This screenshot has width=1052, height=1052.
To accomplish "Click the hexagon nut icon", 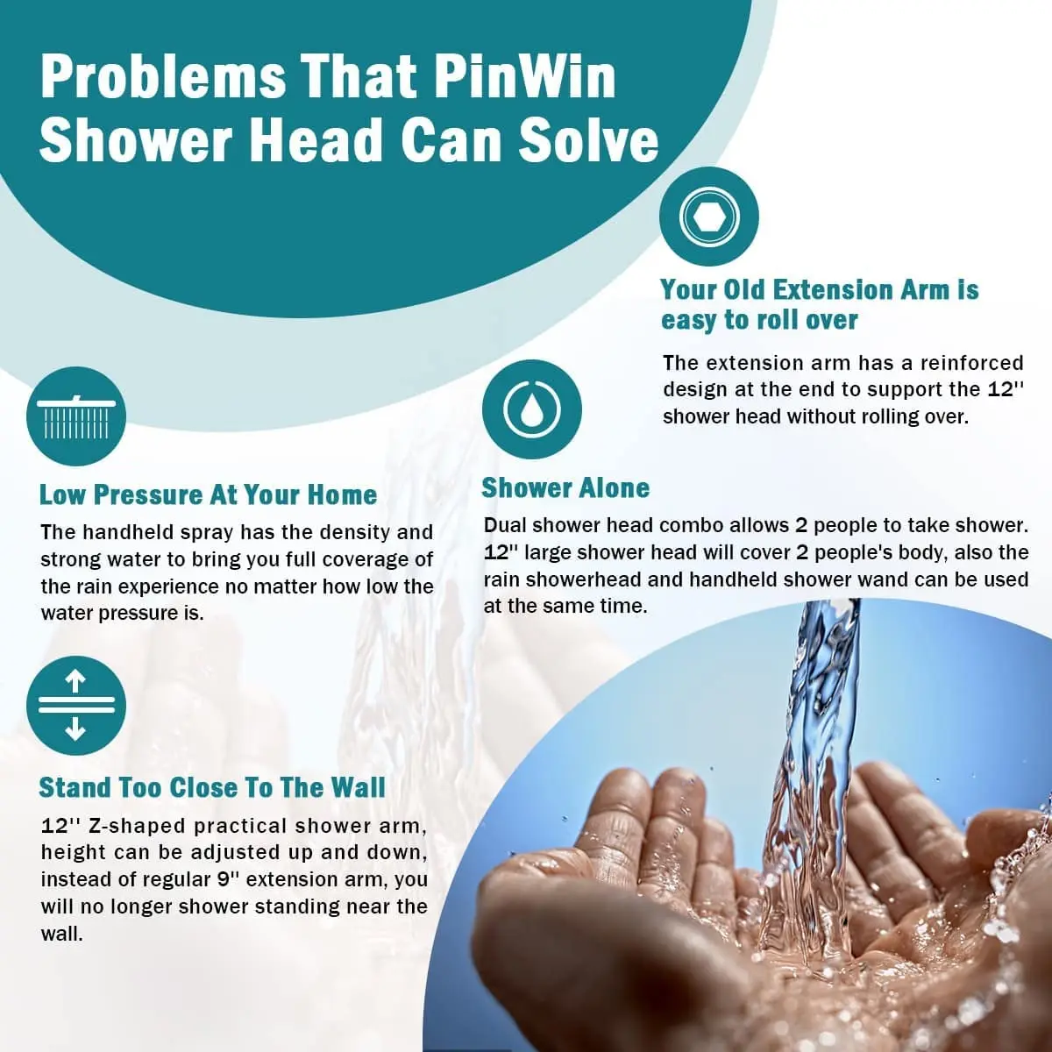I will point(708,217).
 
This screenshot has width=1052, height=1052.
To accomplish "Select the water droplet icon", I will point(531,409).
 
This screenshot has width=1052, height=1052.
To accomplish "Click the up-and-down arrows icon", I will point(76,706).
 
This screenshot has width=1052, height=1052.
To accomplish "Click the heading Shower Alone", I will point(565,488).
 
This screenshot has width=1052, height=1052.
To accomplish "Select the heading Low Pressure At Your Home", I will point(208,494).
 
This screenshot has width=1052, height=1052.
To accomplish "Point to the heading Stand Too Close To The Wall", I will point(212,787).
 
